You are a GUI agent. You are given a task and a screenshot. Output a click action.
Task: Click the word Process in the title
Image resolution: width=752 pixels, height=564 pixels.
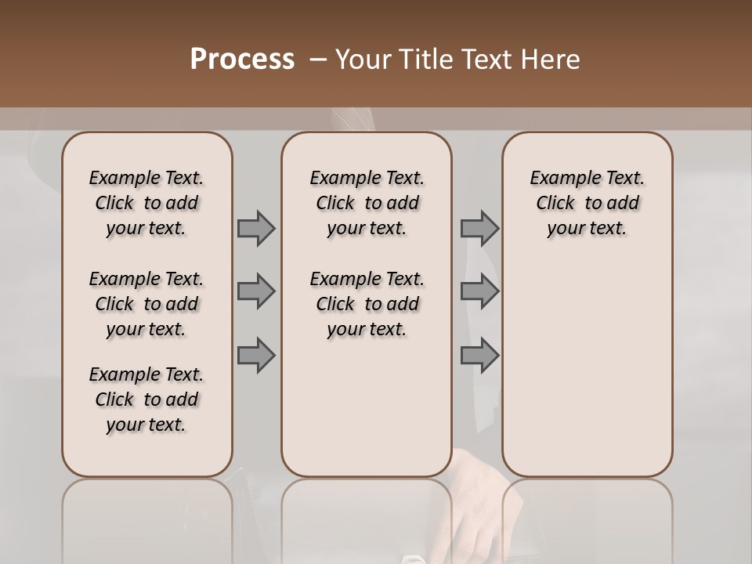pyautogui.click(x=242, y=60)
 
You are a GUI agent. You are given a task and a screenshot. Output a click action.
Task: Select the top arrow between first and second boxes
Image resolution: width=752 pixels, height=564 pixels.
pyautogui.click(x=256, y=229)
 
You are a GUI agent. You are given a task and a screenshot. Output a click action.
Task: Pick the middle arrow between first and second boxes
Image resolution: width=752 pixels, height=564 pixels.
pyautogui.click(x=256, y=292)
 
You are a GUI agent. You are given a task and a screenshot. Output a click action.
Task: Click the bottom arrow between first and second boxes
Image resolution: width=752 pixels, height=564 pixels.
pyautogui.click(x=256, y=356)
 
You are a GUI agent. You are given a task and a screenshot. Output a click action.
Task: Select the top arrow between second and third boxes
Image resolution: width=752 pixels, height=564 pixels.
pyautogui.click(x=479, y=229)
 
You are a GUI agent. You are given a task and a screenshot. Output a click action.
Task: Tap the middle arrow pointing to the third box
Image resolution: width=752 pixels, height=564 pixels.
pyautogui.click(x=479, y=292)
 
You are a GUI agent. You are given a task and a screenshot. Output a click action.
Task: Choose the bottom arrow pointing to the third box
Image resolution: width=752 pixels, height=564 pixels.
pyautogui.click(x=479, y=356)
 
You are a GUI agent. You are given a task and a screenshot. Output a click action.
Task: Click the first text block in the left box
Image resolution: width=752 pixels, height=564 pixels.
pyautogui.click(x=146, y=203)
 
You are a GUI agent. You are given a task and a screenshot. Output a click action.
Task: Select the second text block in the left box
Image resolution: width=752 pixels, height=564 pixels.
pyautogui.click(x=146, y=304)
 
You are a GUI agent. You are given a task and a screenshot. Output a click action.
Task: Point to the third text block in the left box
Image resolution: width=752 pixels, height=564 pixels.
pyautogui.click(x=146, y=399)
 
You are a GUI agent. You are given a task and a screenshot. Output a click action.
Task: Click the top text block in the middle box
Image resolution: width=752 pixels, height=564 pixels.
pyautogui.click(x=367, y=203)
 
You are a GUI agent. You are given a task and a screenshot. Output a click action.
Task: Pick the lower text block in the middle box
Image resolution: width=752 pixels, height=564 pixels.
pyautogui.click(x=367, y=304)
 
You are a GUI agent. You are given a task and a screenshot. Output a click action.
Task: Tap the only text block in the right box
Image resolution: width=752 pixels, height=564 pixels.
pyautogui.click(x=587, y=203)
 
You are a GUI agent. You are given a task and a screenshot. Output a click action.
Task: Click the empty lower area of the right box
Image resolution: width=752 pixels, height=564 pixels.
pyautogui.click(x=587, y=368)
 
